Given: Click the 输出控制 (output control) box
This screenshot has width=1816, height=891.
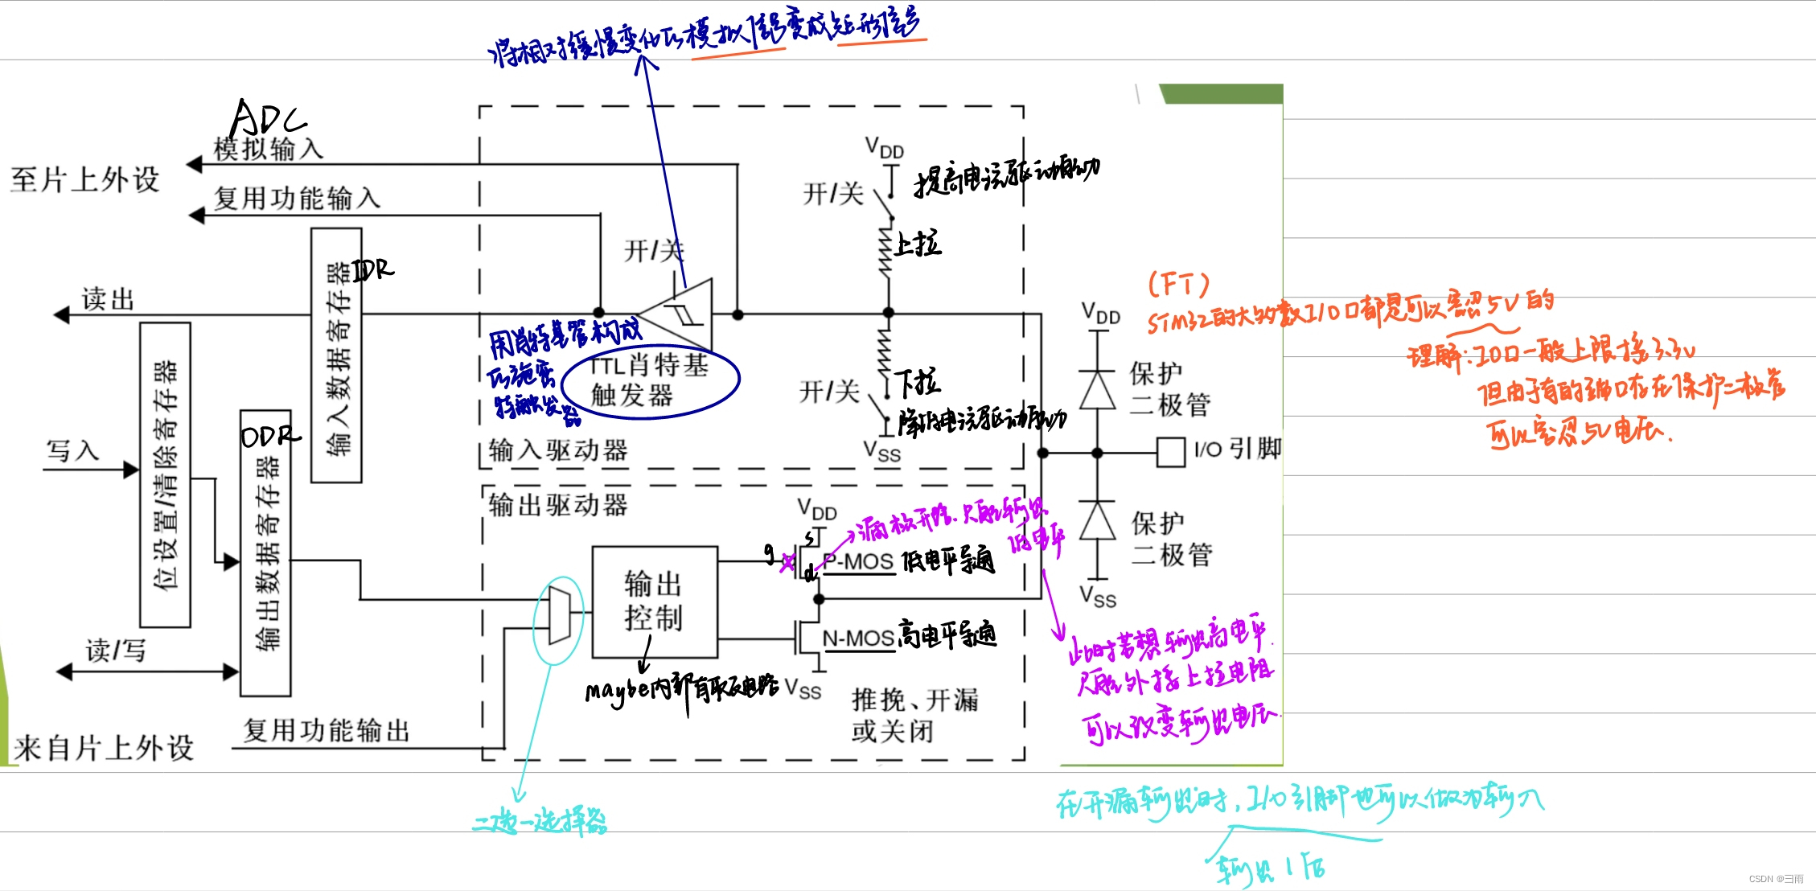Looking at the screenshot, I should pyautogui.click(x=654, y=602).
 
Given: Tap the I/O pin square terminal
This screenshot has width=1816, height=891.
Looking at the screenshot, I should pyautogui.click(x=1171, y=452).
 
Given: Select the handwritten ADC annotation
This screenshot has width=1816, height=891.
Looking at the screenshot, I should pyautogui.click(x=267, y=118).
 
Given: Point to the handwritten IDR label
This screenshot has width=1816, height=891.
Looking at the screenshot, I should pyautogui.click(x=373, y=269).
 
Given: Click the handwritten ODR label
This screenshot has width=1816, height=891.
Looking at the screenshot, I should pyautogui.click(x=270, y=436).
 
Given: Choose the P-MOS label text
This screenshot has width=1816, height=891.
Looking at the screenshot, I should pyautogui.click(x=858, y=561).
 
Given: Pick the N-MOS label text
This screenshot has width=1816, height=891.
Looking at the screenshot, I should pyautogui.click(x=858, y=638).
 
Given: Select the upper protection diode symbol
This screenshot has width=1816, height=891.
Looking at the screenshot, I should pyautogui.click(x=1097, y=391).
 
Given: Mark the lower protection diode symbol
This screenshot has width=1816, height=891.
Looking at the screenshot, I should pyautogui.click(x=1097, y=521).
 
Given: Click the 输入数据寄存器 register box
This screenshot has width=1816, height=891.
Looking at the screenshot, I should pyautogui.click(x=336, y=355).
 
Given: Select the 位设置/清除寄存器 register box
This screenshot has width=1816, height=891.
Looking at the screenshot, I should pyautogui.click(x=165, y=474).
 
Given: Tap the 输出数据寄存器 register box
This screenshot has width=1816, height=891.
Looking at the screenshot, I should pyautogui.click(x=265, y=553).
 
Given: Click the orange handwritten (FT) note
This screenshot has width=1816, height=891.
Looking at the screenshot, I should pyautogui.click(x=1178, y=284).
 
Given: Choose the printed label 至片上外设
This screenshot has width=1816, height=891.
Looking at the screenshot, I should pyautogui.click(x=85, y=179).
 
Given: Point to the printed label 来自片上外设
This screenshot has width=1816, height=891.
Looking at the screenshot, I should pyautogui.click(x=104, y=748).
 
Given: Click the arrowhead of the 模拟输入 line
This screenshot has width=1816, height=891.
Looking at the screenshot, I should pyautogui.click(x=194, y=165).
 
